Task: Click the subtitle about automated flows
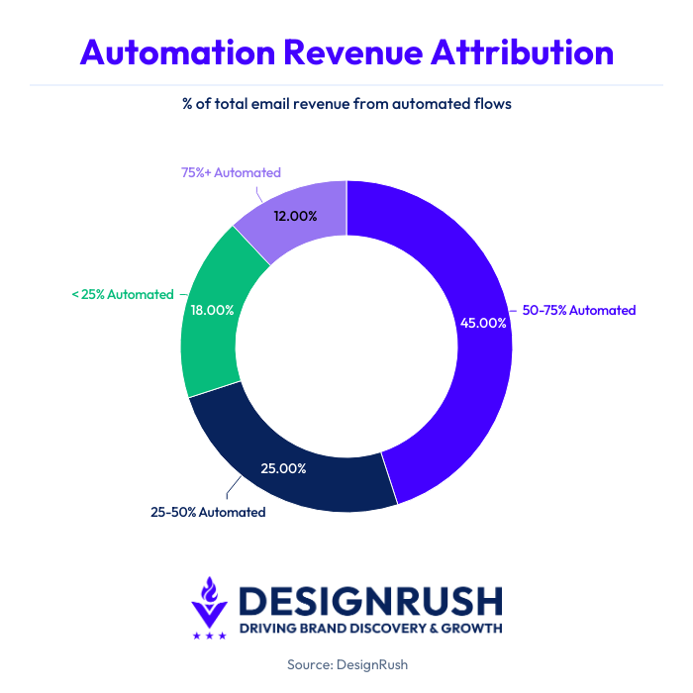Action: point(346,103)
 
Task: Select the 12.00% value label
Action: point(293,215)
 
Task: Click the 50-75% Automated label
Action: point(578,310)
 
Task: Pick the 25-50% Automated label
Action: point(208,512)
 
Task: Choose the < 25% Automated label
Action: point(122,294)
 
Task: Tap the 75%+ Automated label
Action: point(231,172)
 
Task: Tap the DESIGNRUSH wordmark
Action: point(370,600)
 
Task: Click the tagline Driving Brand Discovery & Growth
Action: point(370,629)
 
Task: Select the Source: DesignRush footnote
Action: point(346,665)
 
